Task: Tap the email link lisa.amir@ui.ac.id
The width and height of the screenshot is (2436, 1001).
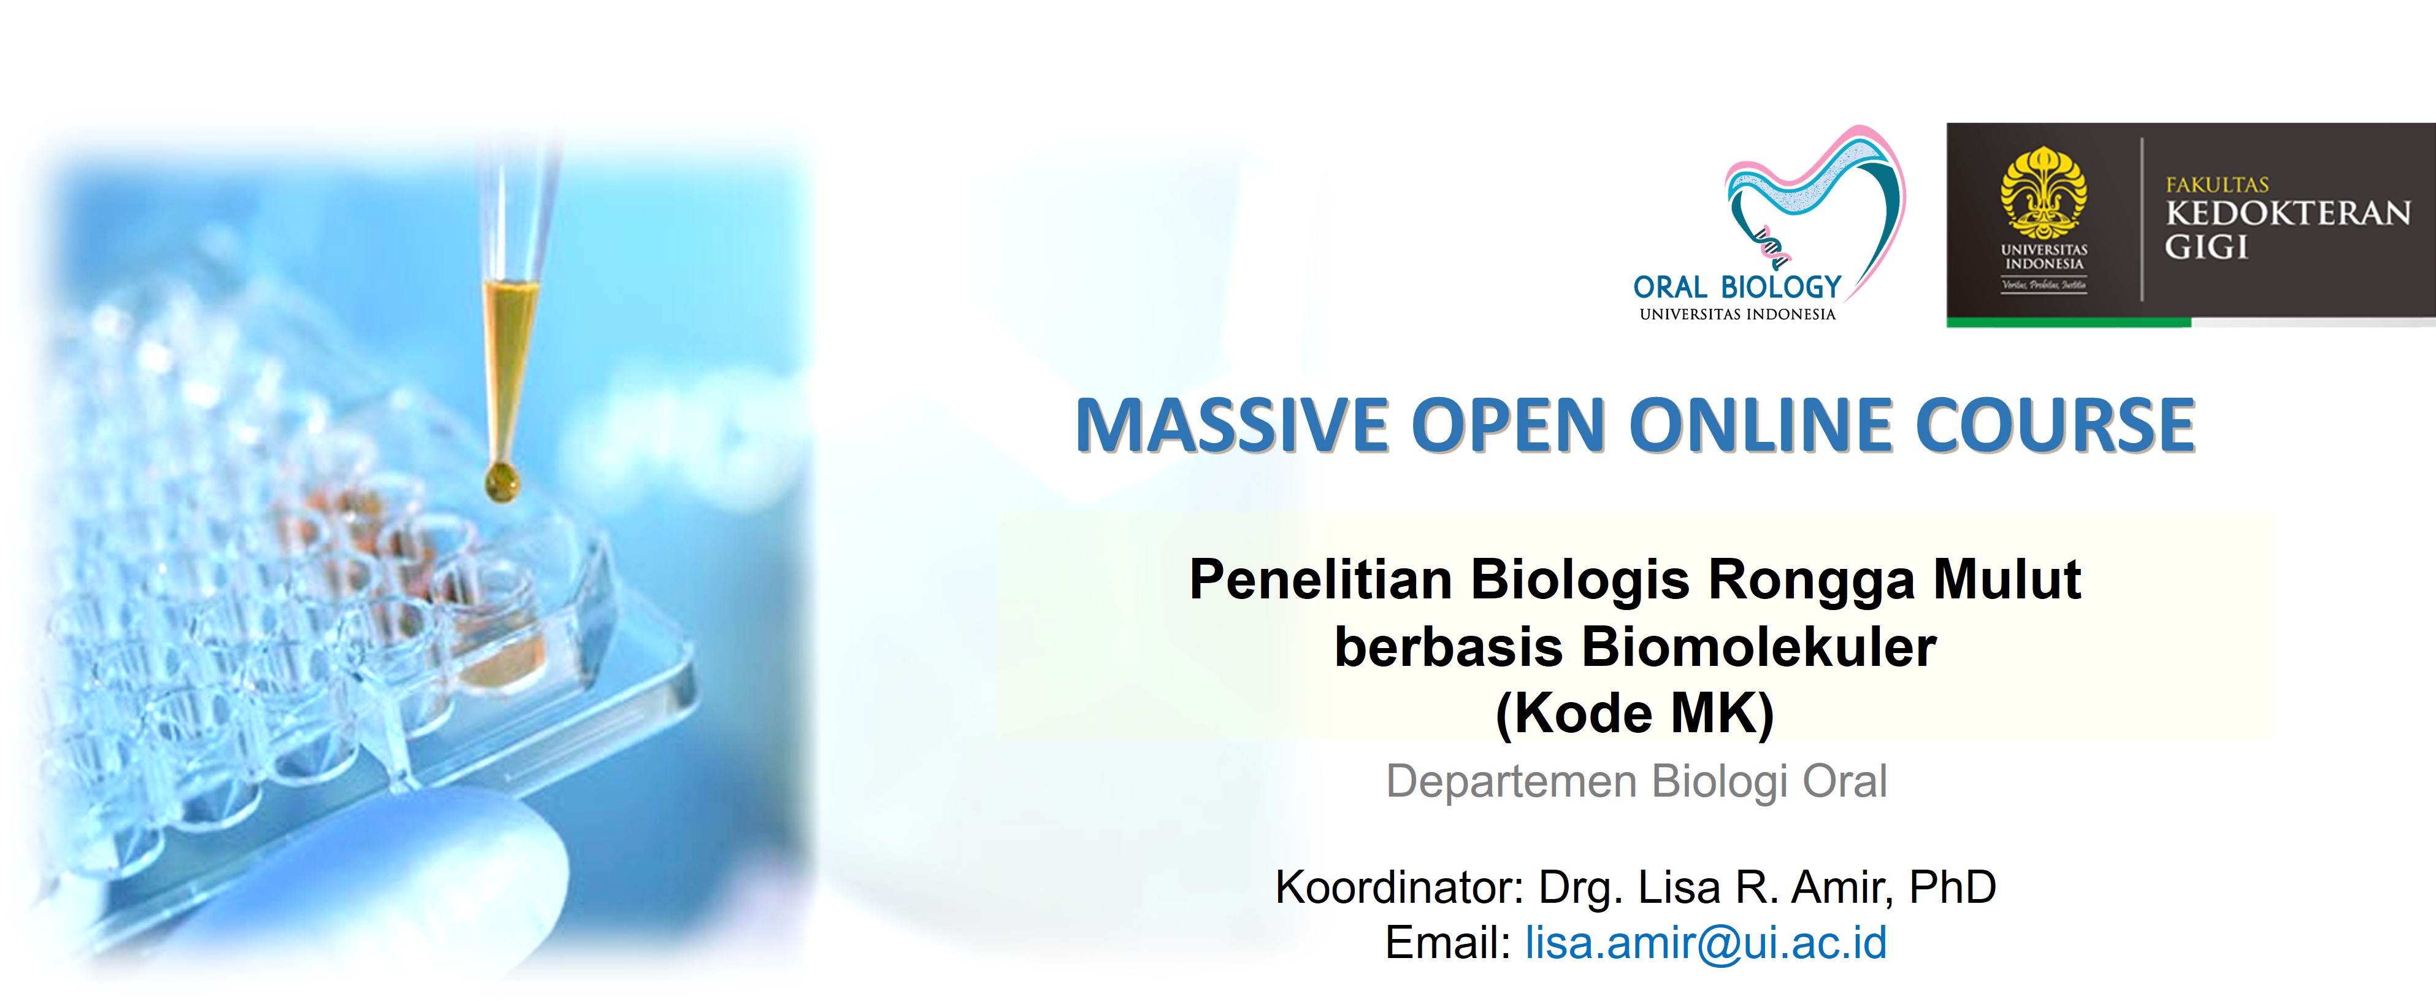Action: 1706,942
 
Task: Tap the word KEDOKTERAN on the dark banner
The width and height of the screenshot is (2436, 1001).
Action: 2288,213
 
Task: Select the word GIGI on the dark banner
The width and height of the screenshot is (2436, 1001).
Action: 2206,247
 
